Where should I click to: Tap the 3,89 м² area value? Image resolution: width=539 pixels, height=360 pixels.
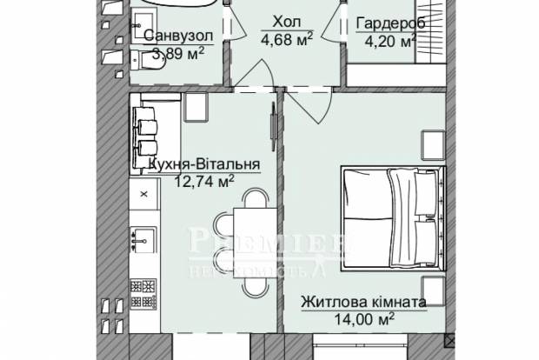(178, 54)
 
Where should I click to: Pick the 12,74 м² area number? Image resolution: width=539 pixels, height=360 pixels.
(204, 181)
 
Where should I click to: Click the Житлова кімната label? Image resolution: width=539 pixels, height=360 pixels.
(363, 303)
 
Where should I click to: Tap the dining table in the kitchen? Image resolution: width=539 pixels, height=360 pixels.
(253, 226)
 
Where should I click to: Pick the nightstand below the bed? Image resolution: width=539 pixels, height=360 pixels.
(431, 287)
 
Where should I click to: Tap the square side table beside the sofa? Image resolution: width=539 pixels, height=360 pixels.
(196, 107)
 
